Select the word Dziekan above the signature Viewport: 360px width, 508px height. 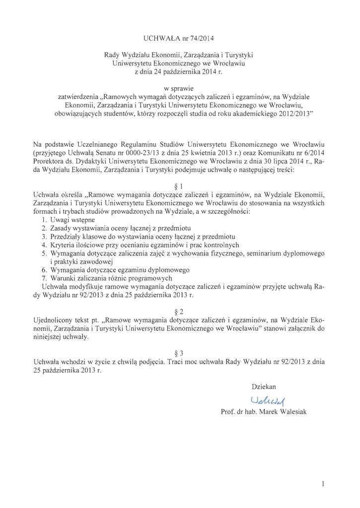(264, 386)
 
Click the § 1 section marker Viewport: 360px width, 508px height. (179, 186)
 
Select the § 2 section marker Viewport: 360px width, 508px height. (179, 312)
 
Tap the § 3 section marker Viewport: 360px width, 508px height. (179, 353)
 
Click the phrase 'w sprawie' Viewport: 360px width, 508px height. (179, 88)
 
